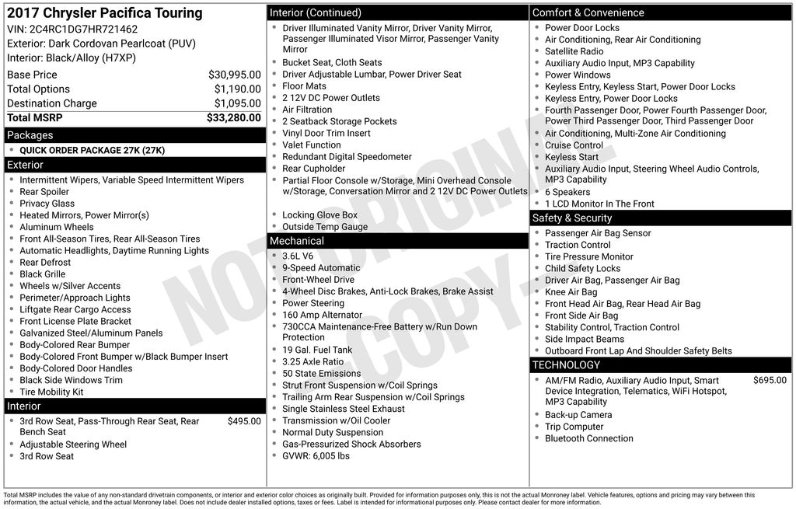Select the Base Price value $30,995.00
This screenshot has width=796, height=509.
pos(234,75)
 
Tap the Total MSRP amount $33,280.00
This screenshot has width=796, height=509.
pos(233,117)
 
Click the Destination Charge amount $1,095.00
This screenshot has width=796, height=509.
pos(237,103)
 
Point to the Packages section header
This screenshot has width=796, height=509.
pos(30,135)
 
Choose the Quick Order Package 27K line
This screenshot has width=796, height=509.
pos(92,150)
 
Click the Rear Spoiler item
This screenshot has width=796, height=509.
pos(44,192)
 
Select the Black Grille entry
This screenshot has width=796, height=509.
pos(43,274)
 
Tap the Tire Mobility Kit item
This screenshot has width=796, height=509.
pos(51,392)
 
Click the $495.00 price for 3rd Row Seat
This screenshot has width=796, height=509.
pos(244,421)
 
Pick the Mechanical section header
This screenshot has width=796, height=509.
pos(297,241)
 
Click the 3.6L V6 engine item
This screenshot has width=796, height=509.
pos(298,256)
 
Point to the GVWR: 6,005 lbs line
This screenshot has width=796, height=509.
pos(316,456)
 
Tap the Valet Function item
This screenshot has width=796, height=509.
pos(312,145)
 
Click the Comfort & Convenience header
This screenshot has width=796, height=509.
pos(588,12)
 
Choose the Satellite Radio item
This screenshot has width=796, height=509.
pos(574,51)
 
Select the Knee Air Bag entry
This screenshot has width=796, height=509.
pos(571,292)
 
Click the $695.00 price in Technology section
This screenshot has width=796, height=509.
pos(770,381)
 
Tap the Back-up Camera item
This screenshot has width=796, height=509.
pos(578,415)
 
